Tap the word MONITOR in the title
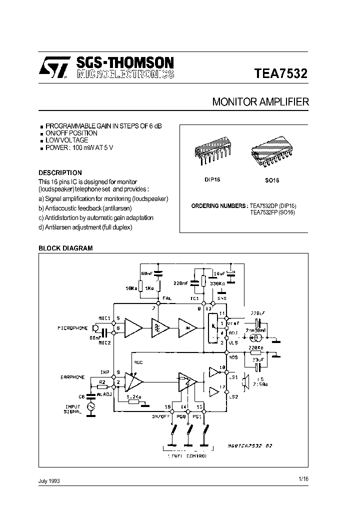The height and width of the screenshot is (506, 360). pos(234,102)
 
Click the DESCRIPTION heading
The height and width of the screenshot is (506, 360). pos(60,172)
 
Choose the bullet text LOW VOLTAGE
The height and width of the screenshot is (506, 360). pos(66,140)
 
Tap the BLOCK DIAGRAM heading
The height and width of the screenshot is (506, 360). pos(65,248)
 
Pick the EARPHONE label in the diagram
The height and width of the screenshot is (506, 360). pos(73,377)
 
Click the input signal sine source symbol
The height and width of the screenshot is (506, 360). pos(91,407)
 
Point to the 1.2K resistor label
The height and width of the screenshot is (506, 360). pos(134,397)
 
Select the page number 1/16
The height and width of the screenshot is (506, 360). pos(303,478)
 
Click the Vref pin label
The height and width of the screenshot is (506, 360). pos(233,323)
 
